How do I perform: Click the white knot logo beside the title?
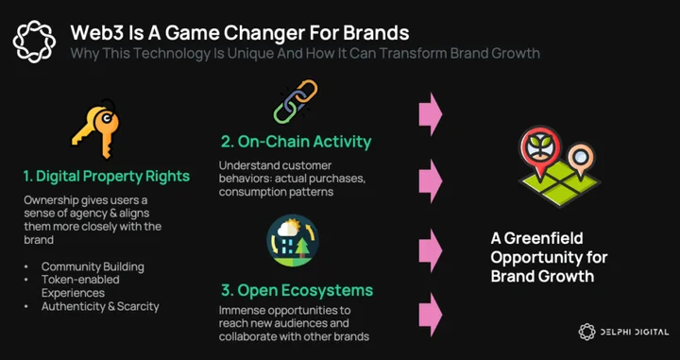(34, 42)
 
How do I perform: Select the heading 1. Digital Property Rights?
(107, 176)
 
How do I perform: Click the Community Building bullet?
(93, 266)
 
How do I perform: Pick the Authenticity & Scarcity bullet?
(100, 306)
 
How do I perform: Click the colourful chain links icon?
(297, 101)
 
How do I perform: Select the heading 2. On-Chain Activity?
(297, 142)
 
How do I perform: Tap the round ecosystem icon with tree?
(293, 240)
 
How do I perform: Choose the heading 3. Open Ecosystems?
(297, 290)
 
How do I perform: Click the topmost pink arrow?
(431, 113)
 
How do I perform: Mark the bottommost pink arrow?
(431, 315)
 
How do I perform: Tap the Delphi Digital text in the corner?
(634, 333)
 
